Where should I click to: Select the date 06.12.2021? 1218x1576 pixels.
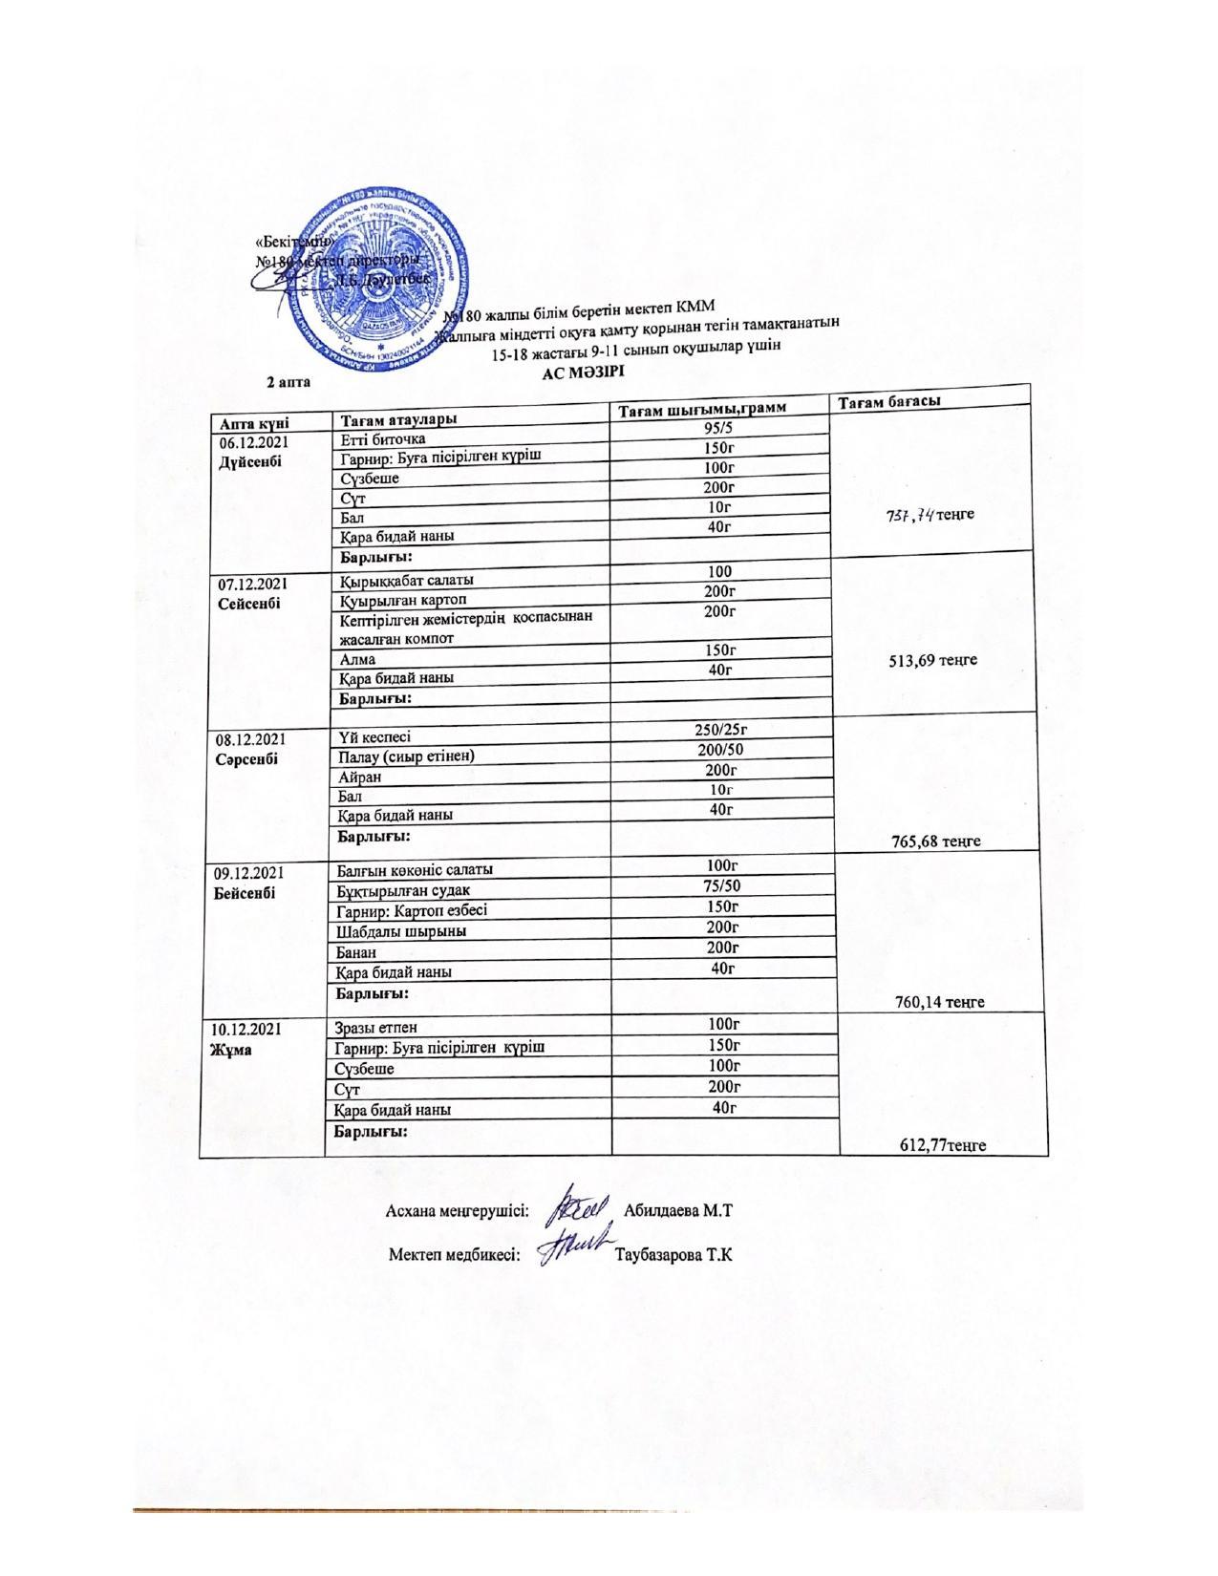pos(253,442)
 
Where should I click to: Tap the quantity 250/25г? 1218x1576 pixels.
pos(724,730)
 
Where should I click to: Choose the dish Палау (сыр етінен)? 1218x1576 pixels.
pos(407,756)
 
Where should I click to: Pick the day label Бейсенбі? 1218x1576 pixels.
pos(246,892)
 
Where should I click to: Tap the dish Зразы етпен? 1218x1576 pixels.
pos(376,1028)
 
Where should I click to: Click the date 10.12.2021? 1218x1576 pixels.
pos(247,1029)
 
